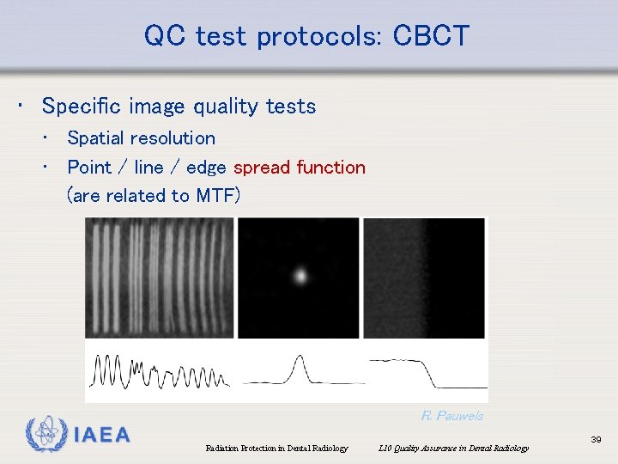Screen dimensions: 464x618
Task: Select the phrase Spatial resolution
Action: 141,137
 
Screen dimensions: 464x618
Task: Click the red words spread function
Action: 299,167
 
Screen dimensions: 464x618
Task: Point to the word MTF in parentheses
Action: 215,195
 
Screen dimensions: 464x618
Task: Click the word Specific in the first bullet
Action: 79,107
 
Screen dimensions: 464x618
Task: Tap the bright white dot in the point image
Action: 300,276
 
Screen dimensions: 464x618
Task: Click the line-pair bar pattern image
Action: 159,277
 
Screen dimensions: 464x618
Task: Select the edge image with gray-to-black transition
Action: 424,277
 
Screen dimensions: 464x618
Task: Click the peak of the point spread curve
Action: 299,357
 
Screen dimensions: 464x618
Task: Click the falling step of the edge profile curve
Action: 429,373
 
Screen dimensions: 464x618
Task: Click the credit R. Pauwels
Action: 451,416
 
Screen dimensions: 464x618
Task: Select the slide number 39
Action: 596,439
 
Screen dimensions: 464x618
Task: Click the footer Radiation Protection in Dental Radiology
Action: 276,448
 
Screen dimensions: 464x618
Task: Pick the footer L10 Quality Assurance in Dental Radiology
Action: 453,448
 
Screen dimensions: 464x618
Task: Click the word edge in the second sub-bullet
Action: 205,167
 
